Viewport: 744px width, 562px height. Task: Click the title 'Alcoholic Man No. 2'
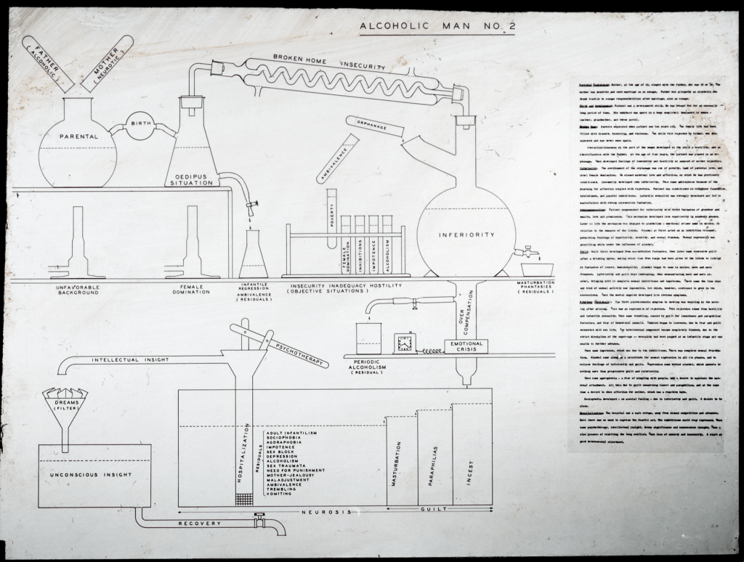(x=438, y=27)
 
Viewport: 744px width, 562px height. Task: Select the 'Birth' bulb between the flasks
(x=141, y=124)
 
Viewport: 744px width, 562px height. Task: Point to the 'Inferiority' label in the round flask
(x=466, y=235)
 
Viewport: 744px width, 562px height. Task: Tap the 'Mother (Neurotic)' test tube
(x=107, y=62)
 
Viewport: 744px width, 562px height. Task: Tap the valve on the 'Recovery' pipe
(x=258, y=520)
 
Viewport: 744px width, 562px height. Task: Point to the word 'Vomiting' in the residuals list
(x=282, y=494)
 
